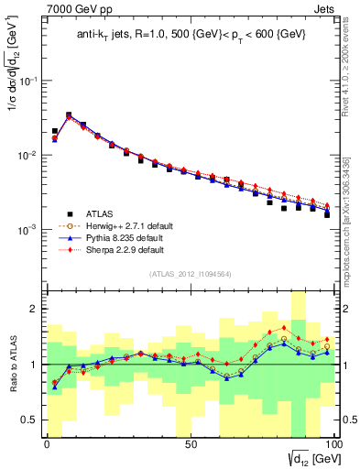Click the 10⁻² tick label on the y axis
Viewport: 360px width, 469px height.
coord(27,155)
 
